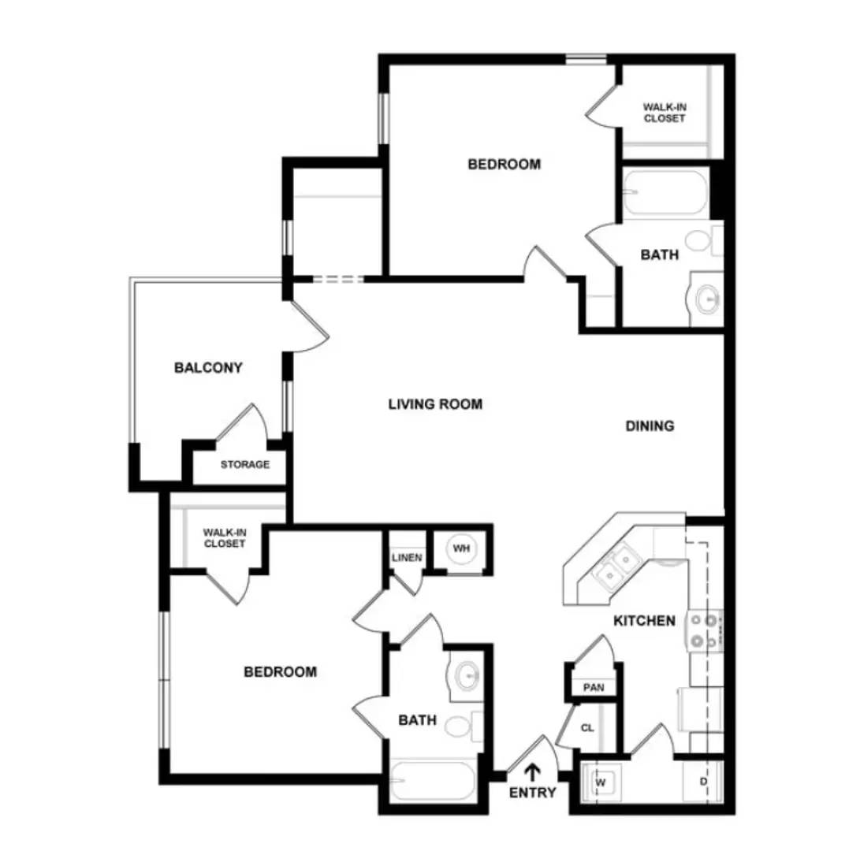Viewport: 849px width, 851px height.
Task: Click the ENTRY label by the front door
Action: [x=532, y=793]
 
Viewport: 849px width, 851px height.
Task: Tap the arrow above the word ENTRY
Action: [x=533, y=771]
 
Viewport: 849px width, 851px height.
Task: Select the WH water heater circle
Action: [x=460, y=548]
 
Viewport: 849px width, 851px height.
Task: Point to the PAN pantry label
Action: [x=593, y=687]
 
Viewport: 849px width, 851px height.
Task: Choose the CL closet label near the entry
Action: [x=587, y=728]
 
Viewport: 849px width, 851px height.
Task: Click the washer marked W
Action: [x=601, y=782]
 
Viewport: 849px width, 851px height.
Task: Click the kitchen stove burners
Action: [x=706, y=631]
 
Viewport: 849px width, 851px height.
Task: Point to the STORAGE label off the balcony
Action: [x=244, y=464]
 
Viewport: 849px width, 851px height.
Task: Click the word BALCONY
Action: [x=208, y=367]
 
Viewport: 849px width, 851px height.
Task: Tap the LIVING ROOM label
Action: [x=435, y=404]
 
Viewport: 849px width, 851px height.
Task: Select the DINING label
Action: [x=650, y=426]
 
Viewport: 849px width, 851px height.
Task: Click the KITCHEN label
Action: [x=644, y=621]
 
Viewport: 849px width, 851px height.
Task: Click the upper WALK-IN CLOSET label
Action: [x=664, y=113]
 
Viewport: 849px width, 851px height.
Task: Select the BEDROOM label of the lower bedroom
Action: [x=280, y=672]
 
